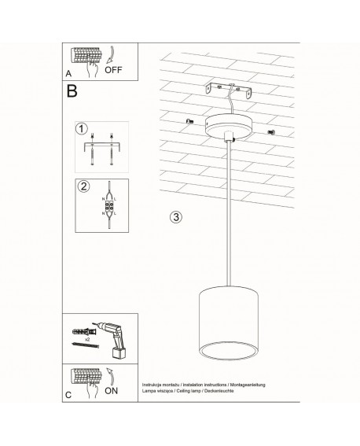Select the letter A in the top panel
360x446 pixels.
(x=69, y=73)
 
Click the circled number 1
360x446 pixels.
(x=80, y=128)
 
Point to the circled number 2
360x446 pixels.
(x=80, y=186)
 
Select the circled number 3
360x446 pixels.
(x=175, y=216)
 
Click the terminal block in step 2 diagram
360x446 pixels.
(x=106, y=208)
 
